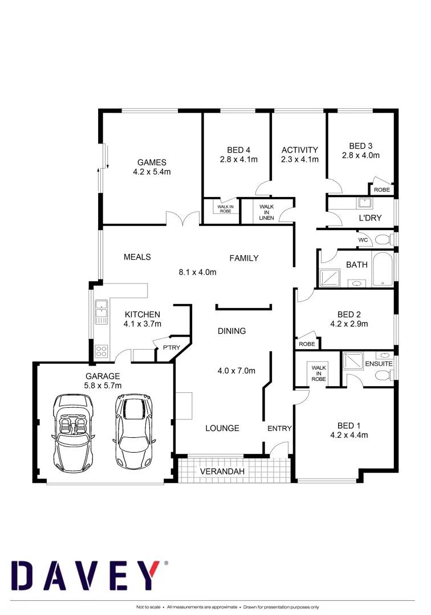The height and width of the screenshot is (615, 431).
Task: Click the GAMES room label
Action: pyautogui.click(x=152, y=162)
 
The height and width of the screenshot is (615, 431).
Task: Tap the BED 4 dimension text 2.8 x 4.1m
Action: pyautogui.click(x=238, y=160)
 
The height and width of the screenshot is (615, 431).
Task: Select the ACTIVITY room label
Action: pyautogui.click(x=299, y=150)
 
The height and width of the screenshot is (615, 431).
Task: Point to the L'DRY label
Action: pyautogui.click(x=370, y=218)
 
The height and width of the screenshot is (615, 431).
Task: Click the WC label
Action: pyautogui.click(x=363, y=240)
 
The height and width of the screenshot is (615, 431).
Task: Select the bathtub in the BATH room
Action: pyautogui.click(x=381, y=269)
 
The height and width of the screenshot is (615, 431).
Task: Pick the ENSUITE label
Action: pyautogui.click(x=379, y=363)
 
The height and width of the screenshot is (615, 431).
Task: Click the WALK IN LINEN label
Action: pyautogui.click(x=266, y=212)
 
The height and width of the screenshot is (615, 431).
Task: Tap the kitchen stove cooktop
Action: pyautogui.click(x=101, y=349)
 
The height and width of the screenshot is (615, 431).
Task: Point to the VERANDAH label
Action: pyautogui.click(x=222, y=471)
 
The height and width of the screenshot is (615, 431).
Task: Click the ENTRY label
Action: pyautogui.click(x=279, y=428)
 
